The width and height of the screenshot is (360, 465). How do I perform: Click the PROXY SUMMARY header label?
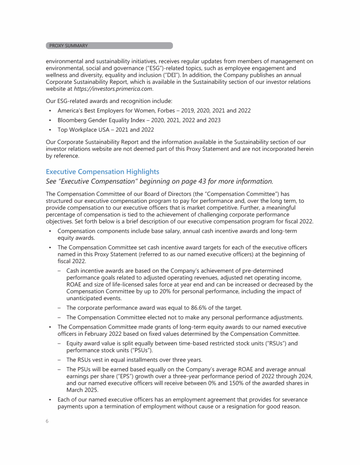(x=68, y=46)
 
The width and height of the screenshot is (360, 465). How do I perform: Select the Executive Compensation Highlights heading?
(x=102, y=172)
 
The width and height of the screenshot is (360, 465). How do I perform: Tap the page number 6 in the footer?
(x=47, y=421)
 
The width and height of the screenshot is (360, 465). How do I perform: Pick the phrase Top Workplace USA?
(x=85, y=130)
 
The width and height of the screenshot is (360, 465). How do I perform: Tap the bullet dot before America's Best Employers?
(x=50, y=111)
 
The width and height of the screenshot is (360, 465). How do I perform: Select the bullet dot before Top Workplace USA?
(x=50, y=130)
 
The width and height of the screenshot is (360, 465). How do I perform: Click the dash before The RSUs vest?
(x=60, y=360)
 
